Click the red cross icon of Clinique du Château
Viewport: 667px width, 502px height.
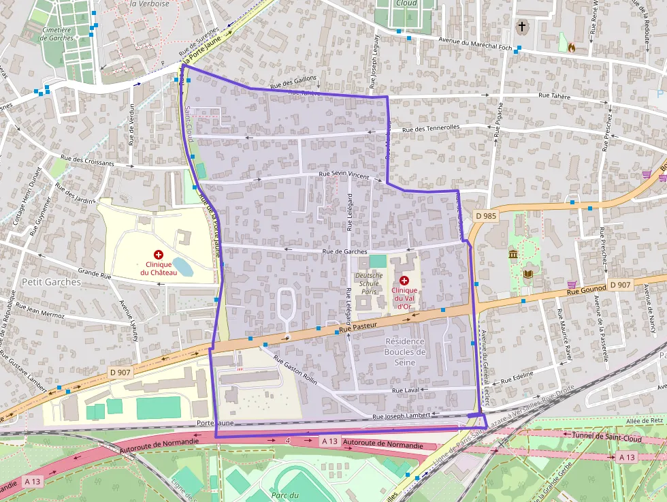[x=159, y=254]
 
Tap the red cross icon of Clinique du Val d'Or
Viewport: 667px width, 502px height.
[x=404, y=281]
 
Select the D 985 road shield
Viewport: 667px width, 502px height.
[x=487, y=216]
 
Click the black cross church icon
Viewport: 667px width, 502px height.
[x=522, y=27]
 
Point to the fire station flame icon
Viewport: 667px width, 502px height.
[x=571, y=48]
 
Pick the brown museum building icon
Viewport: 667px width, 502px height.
[x=513, y=254]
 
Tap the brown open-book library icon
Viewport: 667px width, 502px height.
[x=528, y=274]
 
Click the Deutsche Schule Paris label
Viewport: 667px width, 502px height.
[x=368, y=283]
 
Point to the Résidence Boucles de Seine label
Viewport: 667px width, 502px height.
[x=404, y=351]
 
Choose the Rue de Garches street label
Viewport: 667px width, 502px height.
[x=344, y=251]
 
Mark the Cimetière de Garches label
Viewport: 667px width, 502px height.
[x=56, y=33]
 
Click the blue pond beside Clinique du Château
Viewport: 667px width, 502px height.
[x=182, y=266]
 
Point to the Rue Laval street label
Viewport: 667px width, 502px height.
[x=405, y=390]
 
